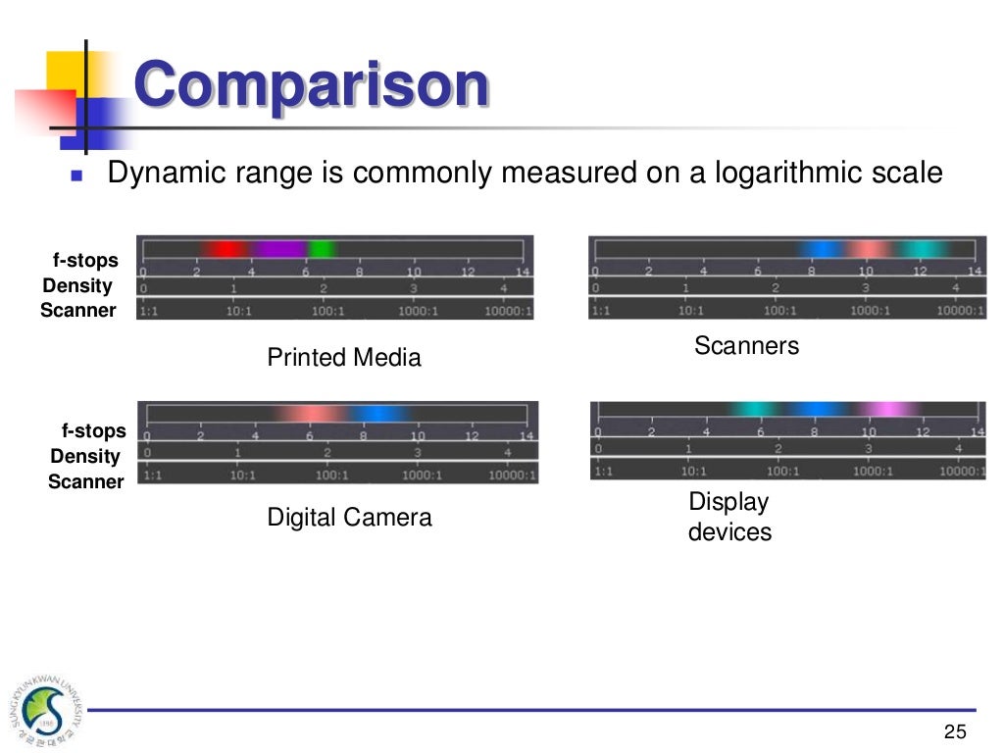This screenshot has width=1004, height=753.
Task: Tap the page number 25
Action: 954,731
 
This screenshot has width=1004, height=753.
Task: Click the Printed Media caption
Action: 344,358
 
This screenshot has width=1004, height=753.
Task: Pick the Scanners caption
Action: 746,345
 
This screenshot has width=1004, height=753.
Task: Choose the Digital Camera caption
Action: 349,517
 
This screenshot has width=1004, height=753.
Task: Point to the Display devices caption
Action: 729,517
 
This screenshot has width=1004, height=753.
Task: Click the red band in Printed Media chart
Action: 224,249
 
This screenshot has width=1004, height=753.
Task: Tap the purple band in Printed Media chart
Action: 279,249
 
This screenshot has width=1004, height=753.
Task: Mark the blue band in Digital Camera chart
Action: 377,413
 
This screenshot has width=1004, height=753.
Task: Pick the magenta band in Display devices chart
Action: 887,409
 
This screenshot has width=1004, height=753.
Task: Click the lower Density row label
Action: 85,456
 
